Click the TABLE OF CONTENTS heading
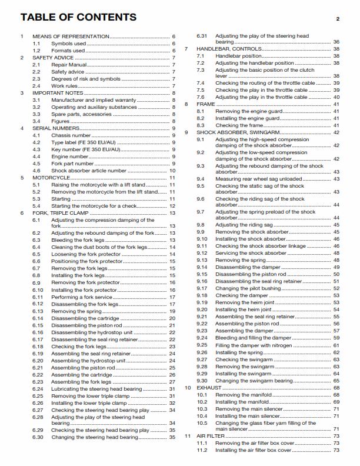78,17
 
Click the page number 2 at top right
338,19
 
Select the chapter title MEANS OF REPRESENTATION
71,36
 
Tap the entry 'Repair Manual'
69,65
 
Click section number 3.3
36,114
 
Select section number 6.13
38,311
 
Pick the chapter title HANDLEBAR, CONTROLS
229,49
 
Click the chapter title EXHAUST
209,388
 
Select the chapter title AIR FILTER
211,436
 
